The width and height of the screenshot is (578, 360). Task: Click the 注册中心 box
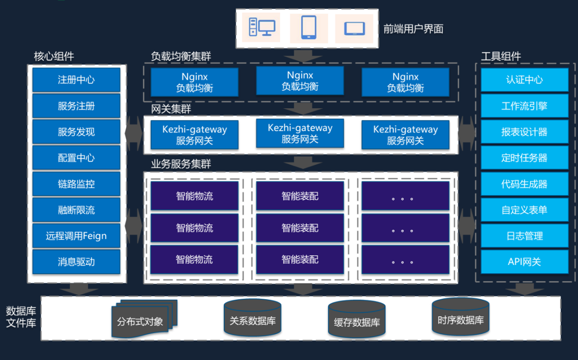[76, 80]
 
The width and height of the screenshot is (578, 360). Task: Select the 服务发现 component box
[76, 132]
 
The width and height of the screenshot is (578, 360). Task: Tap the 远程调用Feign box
[76, 236]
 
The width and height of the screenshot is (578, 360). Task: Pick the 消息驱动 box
[76, 262]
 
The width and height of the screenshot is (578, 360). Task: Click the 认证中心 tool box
[524, 80]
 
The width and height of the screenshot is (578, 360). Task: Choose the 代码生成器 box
[524, 184]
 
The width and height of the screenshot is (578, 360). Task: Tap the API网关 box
[524, 262]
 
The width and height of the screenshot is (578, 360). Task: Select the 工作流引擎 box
[524, 106]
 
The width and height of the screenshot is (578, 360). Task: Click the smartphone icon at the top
[308, 28]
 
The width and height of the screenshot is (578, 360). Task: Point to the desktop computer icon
[261, 28]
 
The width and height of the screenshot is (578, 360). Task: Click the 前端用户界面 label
[413, 29]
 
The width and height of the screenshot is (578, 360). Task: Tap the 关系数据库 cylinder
[252, 319]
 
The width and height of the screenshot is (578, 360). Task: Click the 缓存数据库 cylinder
[357, 320]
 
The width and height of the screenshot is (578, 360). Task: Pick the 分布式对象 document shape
[143, 320]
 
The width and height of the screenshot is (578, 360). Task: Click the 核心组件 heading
[54, 56]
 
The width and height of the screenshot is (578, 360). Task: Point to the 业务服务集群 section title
[181, 164]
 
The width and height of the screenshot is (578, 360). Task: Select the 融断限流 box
[76, 210]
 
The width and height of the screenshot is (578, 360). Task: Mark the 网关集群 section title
[171, 109]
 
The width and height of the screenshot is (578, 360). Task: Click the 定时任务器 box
[524, 158]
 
